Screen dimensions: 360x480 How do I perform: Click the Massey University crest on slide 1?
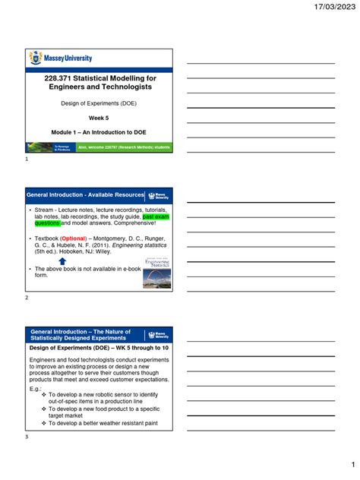click(x=35, y=58)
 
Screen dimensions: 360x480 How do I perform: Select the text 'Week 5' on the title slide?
click(x=99, y=118)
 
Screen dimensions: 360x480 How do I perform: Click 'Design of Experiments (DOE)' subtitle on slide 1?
click(x=99, y=103)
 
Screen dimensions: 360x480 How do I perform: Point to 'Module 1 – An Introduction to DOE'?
click(x=99, y=131)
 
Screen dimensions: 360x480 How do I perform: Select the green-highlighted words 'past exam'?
click(x=157, y=216)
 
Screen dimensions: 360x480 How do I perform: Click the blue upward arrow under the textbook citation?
click(x=62, y=262)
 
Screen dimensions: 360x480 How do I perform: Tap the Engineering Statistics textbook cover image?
click(x=156, y=273)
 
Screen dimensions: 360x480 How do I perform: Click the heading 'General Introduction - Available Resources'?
click(x=85, y=195)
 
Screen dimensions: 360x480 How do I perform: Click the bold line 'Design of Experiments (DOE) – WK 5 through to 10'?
click(x=99, y=346)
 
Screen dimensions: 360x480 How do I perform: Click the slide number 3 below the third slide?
click(x=27, y=437)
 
